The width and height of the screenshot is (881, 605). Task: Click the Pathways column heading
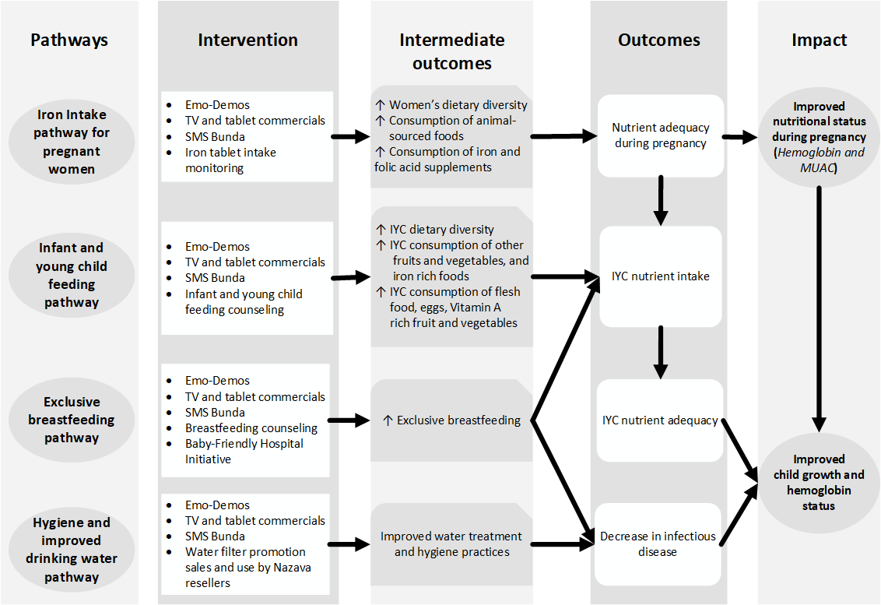pyautogui.click(x=69, y=40)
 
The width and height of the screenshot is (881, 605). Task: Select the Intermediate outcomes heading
pyautogui.click(x=451, y=51)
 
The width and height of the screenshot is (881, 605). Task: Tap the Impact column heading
pyautogui.click(x=820, y=40)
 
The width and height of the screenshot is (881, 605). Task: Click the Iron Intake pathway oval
pyautogui.click(x=72, y=142)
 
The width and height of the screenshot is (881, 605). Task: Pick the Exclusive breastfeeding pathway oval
pyautogui.click(x=72, y=420)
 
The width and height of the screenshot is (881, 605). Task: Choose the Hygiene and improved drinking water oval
pyautogui.click(x=72, y=550)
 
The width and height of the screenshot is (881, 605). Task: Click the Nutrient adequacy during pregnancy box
pyautogui.click(x=661, y=135)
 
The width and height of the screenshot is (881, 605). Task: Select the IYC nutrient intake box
pyautogui.click(x=661, y=276)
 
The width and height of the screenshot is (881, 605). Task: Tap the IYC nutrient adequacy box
pyautogui.click(x=660, y=420)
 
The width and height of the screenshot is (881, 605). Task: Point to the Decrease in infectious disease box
pyautogui.click(x=658, y=543)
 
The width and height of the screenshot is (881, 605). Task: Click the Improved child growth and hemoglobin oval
pyautogui.click(x=819, y=483)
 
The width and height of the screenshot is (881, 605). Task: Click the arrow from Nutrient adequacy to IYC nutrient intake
pyautogui.click(x=661, y=201)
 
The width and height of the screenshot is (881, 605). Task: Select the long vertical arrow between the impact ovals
pyautogui.click(x=820, y=309)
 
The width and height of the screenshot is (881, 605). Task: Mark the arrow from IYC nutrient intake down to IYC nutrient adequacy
pyautogui.click(x=661, y=353)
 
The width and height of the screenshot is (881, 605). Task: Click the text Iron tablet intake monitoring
pyautogui.click(x=230, y=160)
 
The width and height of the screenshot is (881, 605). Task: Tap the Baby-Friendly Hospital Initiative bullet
pyautogui.click(x=244, y=452)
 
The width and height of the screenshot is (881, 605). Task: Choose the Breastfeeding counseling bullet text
pyautogui.click(x=251, y=428)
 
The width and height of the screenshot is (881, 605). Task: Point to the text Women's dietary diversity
pyautogui.click(x=458, y=104)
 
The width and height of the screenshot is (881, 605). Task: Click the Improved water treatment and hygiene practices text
pyautogui.click(x=451, y=544)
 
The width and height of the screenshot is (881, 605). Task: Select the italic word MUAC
pyautogui.click(x=817, y=167)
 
